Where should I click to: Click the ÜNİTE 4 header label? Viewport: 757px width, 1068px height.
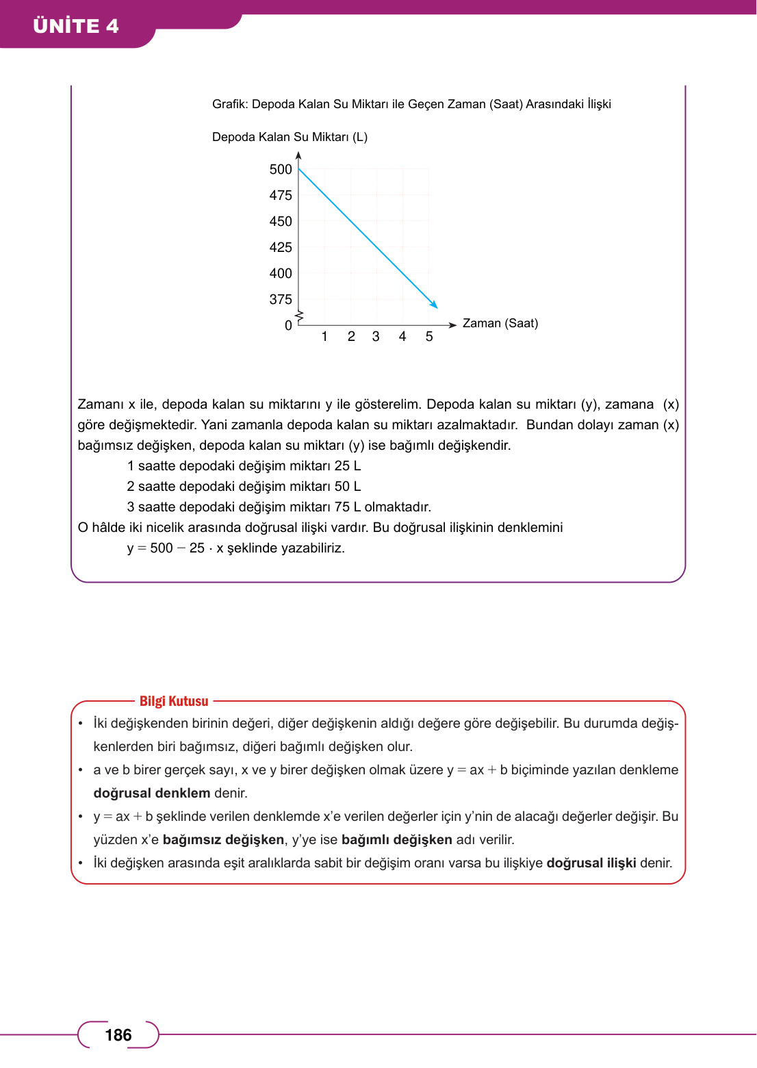tap(76, 26)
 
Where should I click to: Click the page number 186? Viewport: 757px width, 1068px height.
tap(118, 1034)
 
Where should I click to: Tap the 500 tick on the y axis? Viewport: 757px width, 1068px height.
tap(281, 169)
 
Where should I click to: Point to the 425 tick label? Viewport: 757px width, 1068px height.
tap(281, 247)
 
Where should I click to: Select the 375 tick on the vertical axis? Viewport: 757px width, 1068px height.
tap(281, 299)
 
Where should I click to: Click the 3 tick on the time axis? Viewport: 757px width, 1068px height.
tap(376, 336)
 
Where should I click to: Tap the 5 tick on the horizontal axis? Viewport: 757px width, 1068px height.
tap(429, 336)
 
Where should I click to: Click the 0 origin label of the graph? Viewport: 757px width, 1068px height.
tap(288, 325)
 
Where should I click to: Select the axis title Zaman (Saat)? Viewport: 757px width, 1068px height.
tap(500, 323)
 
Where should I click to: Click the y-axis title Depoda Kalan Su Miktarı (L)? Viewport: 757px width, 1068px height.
tap(290, 137)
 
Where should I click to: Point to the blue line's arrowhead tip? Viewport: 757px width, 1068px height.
tap(437, 307)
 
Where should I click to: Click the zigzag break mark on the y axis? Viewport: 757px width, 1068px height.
tap(299, 316)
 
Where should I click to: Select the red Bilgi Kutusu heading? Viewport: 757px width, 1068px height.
tap(174, 701)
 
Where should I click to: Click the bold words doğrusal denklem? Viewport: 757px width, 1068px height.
tap(152, 793)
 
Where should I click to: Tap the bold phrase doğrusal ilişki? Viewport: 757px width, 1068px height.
tap(591, 863)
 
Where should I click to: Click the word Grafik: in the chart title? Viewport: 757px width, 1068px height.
tap(229, 104)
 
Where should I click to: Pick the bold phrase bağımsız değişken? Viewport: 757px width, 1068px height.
tap(223, 839)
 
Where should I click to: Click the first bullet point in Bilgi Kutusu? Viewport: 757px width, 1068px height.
tap(81, 724)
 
